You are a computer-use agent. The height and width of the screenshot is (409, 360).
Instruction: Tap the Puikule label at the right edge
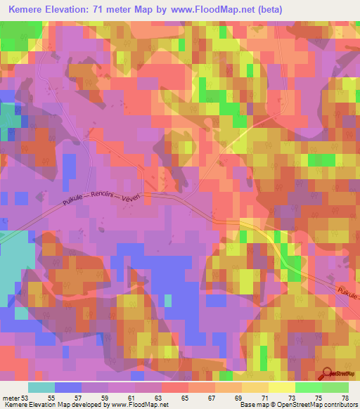349,297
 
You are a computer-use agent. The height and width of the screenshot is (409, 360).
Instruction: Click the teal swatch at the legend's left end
41,387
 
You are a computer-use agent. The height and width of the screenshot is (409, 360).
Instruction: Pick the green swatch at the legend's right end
335,387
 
